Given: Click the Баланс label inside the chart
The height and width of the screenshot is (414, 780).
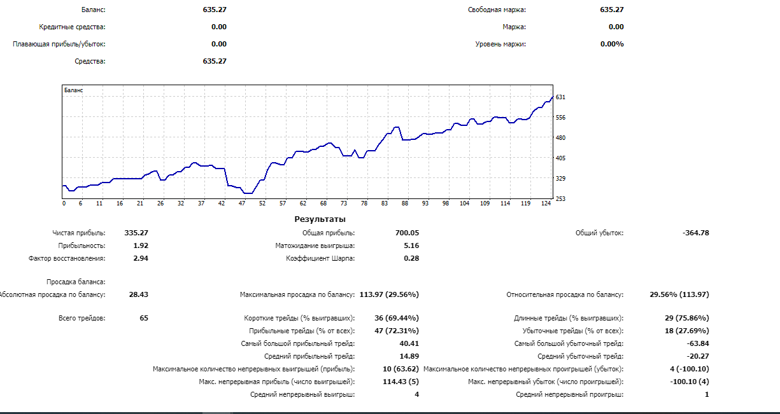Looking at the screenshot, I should coord(74,90).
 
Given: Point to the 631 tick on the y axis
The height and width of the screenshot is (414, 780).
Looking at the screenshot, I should coord(561,97).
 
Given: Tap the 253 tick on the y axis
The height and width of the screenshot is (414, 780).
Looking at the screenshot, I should coord(561,198).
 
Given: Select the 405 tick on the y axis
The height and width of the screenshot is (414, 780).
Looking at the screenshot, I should coord(561,158).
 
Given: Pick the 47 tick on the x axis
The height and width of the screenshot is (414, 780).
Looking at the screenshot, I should coord(242,204).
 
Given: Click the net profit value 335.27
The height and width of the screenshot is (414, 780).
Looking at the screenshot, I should coord(136,233).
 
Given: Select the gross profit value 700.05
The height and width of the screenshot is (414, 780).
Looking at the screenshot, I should coord(407,233).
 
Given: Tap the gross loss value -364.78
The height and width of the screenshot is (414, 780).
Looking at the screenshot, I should coord(695,233).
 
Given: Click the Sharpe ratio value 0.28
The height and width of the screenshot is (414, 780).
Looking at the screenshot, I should coord(411,258).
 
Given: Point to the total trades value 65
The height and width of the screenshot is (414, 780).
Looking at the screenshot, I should coord(144,318).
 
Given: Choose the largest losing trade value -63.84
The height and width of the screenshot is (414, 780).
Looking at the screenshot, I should coord(697,343).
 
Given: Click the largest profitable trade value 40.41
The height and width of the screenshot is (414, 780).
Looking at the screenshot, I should coord(409,343).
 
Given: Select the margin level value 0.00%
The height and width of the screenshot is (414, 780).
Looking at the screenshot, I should coord(612,44).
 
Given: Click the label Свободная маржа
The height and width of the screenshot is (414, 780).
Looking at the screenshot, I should coord(497,10).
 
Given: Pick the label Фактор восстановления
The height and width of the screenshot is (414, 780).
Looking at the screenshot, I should coord(67,258).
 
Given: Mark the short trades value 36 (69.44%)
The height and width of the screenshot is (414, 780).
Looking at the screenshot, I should coord(397,318).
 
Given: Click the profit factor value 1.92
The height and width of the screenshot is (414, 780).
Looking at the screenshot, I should coord(140,245).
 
